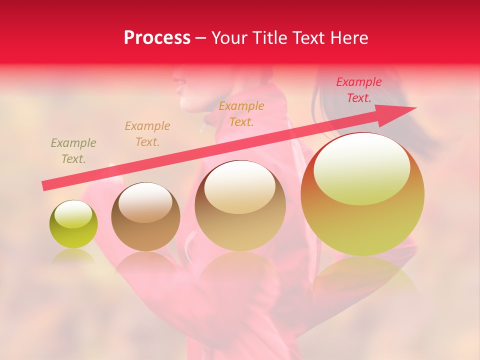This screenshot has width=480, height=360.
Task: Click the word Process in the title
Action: (x=157, y=38)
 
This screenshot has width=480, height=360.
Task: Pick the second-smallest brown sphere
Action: (x=145, y=216)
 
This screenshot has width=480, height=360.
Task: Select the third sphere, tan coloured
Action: (x=240, y=205)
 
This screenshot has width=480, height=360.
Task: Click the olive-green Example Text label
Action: (x=73, y=151)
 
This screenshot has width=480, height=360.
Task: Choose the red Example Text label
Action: (x=358, y=90)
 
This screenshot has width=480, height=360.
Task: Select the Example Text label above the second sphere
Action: (x=147, y=134)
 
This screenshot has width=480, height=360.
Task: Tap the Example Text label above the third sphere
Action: (x=241, y=114)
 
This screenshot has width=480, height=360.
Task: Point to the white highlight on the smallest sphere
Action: (x=73, y=214)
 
